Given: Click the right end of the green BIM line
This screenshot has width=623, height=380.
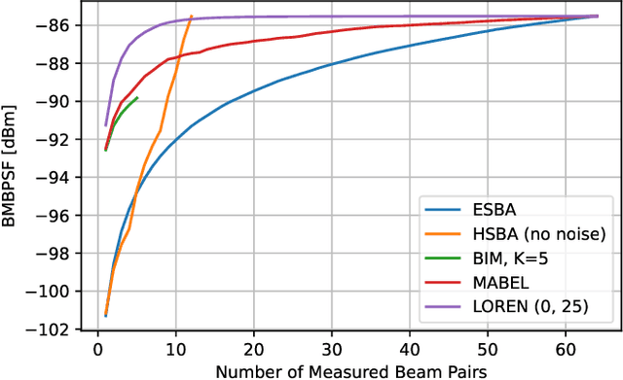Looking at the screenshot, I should point(137,97).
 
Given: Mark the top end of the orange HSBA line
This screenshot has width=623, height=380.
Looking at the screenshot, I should point(192,17).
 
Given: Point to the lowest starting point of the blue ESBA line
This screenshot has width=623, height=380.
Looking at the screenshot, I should point(105,315).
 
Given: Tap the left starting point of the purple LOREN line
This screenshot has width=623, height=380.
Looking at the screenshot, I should point(105,125).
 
